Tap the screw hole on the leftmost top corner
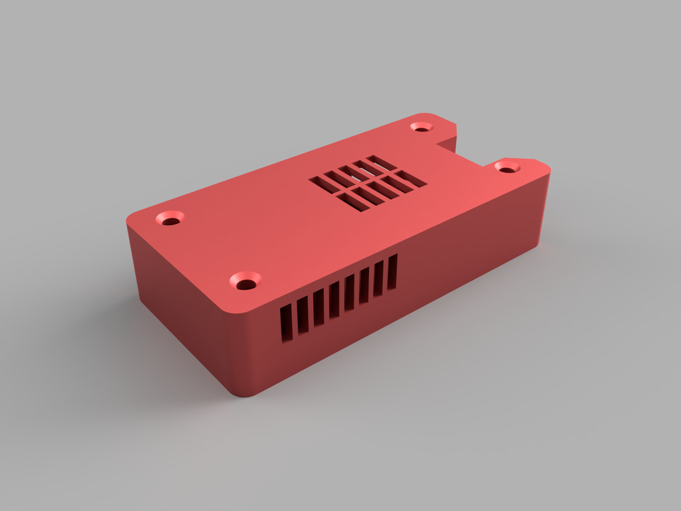tap(170, 218)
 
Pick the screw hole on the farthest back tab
tap(421, 126)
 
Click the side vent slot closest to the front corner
tap(286, 324)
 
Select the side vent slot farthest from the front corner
tap(392, 271)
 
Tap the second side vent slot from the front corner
tap(303, 315)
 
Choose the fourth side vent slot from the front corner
tap(334, 300)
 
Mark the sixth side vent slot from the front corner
tap(364, 285)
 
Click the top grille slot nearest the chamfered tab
tap(410, 178)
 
